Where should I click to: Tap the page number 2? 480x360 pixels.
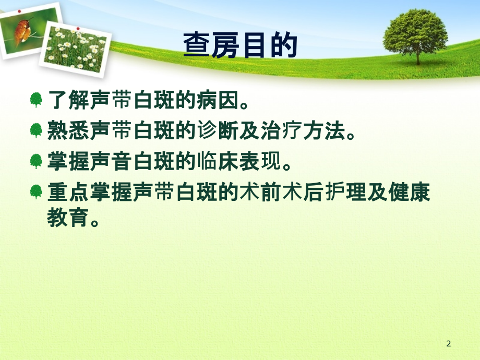449,343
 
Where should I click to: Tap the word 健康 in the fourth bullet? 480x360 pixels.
413,191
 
